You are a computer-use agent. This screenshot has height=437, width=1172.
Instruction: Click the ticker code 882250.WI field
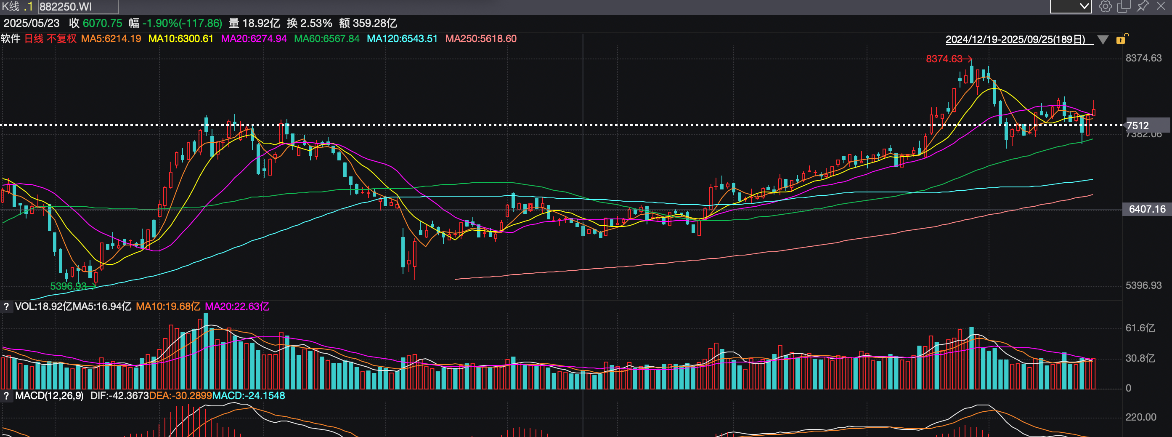(x=77, y=7)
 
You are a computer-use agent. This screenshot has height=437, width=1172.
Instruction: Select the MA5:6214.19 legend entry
(x=111, y=39)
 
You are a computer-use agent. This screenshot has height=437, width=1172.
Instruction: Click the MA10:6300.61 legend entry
(x=180, y=39)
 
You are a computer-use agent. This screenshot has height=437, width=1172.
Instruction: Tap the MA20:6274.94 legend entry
(x=253, y=39)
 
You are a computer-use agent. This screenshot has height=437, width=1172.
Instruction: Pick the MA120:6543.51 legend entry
(x=402, y=39)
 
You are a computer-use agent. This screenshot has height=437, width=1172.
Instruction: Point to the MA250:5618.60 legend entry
(x=480, y=39)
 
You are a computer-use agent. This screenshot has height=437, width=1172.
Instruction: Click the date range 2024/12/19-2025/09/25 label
(x=1015, y=40)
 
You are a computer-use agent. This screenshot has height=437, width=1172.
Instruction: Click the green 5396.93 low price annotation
(x=68, y=286)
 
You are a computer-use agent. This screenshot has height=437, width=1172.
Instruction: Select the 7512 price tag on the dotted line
(x=1138, y=125)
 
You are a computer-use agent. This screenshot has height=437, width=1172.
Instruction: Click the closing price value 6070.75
(x=102, y=23)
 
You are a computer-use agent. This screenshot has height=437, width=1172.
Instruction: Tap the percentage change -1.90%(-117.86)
(x=182, y=23)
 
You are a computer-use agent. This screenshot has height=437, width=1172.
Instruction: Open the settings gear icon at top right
(x=1105, y=6)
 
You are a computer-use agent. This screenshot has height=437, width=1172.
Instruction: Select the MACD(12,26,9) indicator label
(x=49, y=396)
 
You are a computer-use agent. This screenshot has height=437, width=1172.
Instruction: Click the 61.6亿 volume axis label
(x=1140, y=328)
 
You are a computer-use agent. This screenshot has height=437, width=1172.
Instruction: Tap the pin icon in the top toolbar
(x=1142, y=6)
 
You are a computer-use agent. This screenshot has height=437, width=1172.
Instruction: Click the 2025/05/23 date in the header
(x=32, y=23)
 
